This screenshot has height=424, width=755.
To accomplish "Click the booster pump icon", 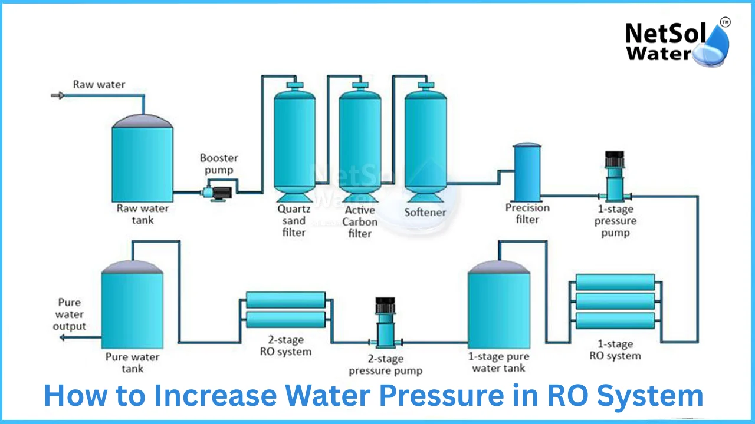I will click(217, 192).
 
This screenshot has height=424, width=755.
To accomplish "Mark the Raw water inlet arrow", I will click(58, 95).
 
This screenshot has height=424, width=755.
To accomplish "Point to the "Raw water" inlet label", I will click(99, 84).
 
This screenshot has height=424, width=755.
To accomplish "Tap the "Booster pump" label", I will click(219, 164).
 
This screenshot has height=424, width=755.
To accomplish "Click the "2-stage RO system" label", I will click(286, 346).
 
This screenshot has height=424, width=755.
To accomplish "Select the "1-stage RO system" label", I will click(615, 350).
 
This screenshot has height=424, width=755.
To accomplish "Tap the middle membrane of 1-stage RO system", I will click(615, 302).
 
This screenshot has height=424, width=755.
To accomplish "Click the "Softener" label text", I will click(425, 212).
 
